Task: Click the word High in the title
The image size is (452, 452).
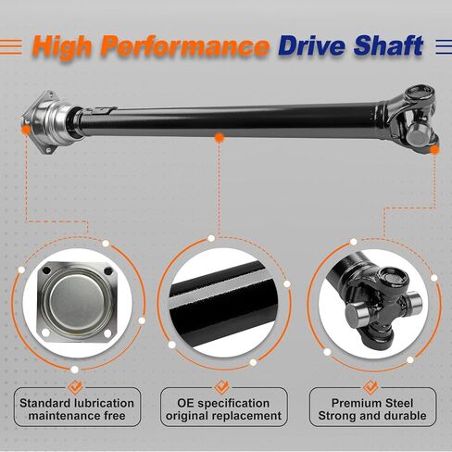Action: (x=62, y=47)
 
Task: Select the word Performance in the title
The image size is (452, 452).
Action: (x=185, y=47)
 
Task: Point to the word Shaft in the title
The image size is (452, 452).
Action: (x=388, y=45)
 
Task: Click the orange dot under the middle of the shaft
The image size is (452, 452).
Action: (x=220, y=138)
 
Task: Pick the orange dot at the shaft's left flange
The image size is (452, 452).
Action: (x=26, y=130)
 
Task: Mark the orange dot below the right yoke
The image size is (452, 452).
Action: (x=434, y=150)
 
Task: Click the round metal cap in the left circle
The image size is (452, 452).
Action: (x=77, y=302)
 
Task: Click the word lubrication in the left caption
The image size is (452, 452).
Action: (x=104, y=403)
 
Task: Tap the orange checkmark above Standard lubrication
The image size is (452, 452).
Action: (x=75, y=387)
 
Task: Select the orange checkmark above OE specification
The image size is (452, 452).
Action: (x=221, y=387)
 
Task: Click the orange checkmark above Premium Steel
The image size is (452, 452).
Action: (x=370, y=387)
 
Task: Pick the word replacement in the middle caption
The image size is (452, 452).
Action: (x=246, y=416)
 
